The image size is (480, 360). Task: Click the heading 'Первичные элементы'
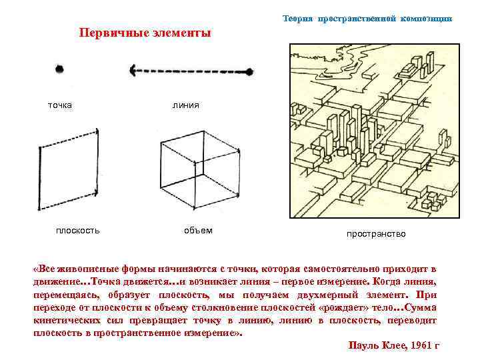point(145,33)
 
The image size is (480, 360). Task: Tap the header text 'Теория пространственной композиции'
point(367,19)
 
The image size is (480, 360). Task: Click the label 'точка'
point(60,105)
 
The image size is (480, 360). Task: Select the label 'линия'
point(185,105)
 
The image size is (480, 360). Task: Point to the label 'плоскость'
point(78,231)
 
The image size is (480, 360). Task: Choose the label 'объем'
point(198,231)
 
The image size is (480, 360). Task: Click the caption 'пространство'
point(375,234)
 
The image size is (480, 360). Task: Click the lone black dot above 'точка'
point(60,68)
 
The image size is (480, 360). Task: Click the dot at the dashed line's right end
point(249,71)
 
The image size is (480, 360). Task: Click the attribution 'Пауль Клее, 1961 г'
point(394,345)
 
